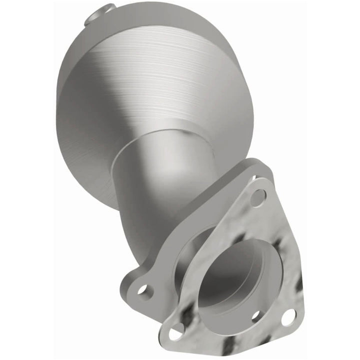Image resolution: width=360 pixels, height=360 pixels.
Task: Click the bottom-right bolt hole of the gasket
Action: pyautogui.click(x=288, y=316)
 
